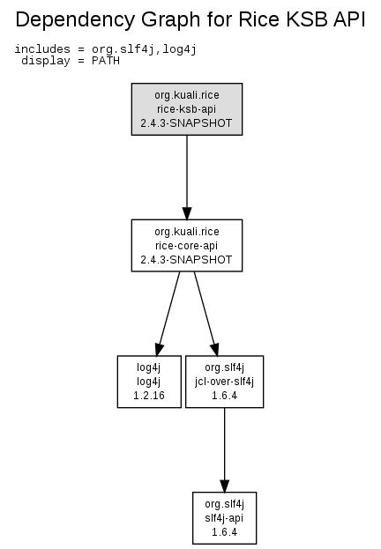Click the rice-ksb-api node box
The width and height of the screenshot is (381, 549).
click(x=187, y=109)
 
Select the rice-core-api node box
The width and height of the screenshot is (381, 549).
click(x=187, y=246)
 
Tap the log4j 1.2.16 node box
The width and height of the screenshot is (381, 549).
click(x=149, y=382)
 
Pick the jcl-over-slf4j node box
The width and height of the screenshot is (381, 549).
click(x=224, y=382)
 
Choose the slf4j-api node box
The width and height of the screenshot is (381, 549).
click(x=224, y=518)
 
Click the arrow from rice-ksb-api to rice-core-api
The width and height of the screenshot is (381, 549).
click(x=187, y=177)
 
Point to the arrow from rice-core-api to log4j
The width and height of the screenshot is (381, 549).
click(x=168, y=314)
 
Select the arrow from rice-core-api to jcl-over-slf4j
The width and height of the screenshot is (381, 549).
click(x=206, y=314)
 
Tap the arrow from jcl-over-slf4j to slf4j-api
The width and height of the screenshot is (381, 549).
click(x=224, y=450)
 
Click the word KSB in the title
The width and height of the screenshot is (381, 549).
click(x=307, y=19)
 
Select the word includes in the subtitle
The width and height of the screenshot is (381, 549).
click(x=42, y=49)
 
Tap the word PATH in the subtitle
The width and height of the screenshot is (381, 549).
click(x=106, y=61)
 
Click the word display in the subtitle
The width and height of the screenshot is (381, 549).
click(x=46, y=61)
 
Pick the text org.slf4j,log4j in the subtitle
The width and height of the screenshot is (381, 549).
click(x=144, y=49)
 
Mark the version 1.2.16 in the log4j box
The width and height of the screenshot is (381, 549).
click(x=149, y=396)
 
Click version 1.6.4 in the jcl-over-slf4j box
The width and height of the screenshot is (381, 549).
click(x=224, y=396)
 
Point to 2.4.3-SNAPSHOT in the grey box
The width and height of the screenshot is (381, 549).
click(x=186, y=123)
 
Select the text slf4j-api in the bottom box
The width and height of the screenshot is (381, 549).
click(x=224, y=518)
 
